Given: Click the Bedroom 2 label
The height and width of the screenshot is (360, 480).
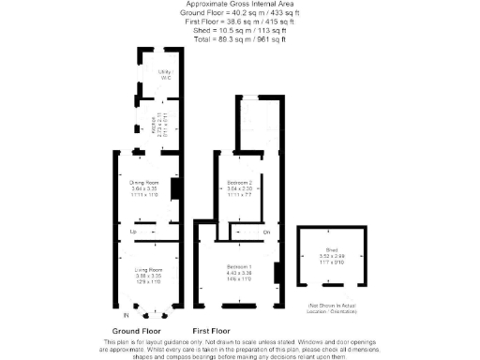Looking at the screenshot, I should (240, 182).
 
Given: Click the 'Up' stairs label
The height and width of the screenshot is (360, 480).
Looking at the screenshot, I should (133, 231).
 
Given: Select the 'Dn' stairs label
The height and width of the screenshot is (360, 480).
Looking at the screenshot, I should (266, 232).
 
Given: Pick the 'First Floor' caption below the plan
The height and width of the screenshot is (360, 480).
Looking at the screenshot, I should (211, 331).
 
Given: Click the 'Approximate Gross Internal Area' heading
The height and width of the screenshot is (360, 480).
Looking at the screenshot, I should (240, 5).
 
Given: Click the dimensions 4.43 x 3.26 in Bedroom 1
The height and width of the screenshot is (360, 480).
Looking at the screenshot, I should (239, 273).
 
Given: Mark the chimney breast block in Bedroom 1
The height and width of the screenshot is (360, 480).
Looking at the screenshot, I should (276, 273).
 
